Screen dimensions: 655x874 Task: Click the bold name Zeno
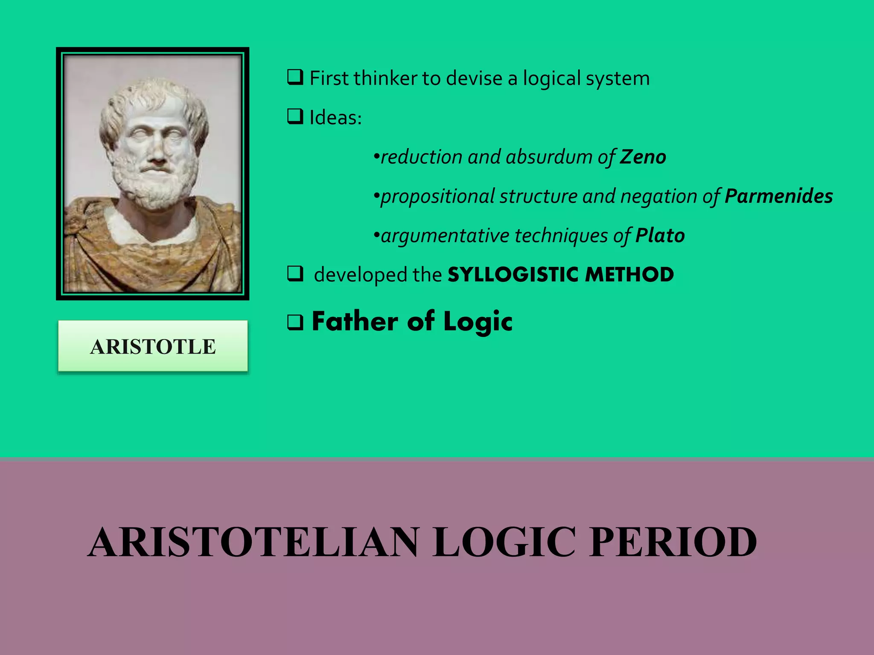[643, 157]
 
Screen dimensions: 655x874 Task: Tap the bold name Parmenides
[778, 196]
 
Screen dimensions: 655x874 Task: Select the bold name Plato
[660, 235]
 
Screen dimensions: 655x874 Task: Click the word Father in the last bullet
[355, 322]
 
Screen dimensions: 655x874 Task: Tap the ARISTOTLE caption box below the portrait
[153, 346]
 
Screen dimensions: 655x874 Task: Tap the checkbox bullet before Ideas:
[295, 116]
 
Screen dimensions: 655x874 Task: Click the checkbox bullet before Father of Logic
[295, 322]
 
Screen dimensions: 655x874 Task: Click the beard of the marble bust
[156, 188]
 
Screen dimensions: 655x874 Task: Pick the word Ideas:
[335, 118]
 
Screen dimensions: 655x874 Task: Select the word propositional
[437, 197]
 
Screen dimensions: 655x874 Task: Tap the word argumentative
[445, 236]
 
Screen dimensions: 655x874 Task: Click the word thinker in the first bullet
[385, 78]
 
